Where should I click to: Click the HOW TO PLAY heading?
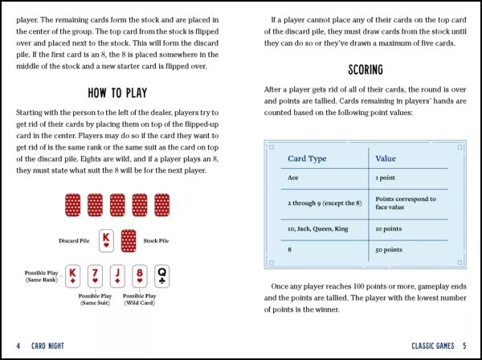pyautogui.click(x=120, y=93)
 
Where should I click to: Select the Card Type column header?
pyautogui.click(x=308, y=158)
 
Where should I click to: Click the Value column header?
pyautogui.click(x=386, y=158)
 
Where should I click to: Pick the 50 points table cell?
pyautogui.click(x=389, y=250)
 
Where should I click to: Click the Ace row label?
pyautogui.click(x=293, y=177)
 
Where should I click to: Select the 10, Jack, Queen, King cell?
pyautogui.click(x=317, y=228)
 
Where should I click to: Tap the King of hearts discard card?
pyautogui.click(x=106, y=239)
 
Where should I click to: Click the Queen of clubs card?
pyautogui.click(x=161, y=276)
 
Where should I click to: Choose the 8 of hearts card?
pyautogui.click(x=139, y=276)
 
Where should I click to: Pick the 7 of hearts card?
pyautogui.click(x=94, y=276)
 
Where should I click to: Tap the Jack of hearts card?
pyautogui.click(x=116, y=276)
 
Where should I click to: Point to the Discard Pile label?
pyautogui.click(x=74, y=240)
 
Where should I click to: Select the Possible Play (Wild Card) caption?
pyautogui.click(x=139, y=300)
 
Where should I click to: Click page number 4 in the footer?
pyautogui.click(x=18, y=346)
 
